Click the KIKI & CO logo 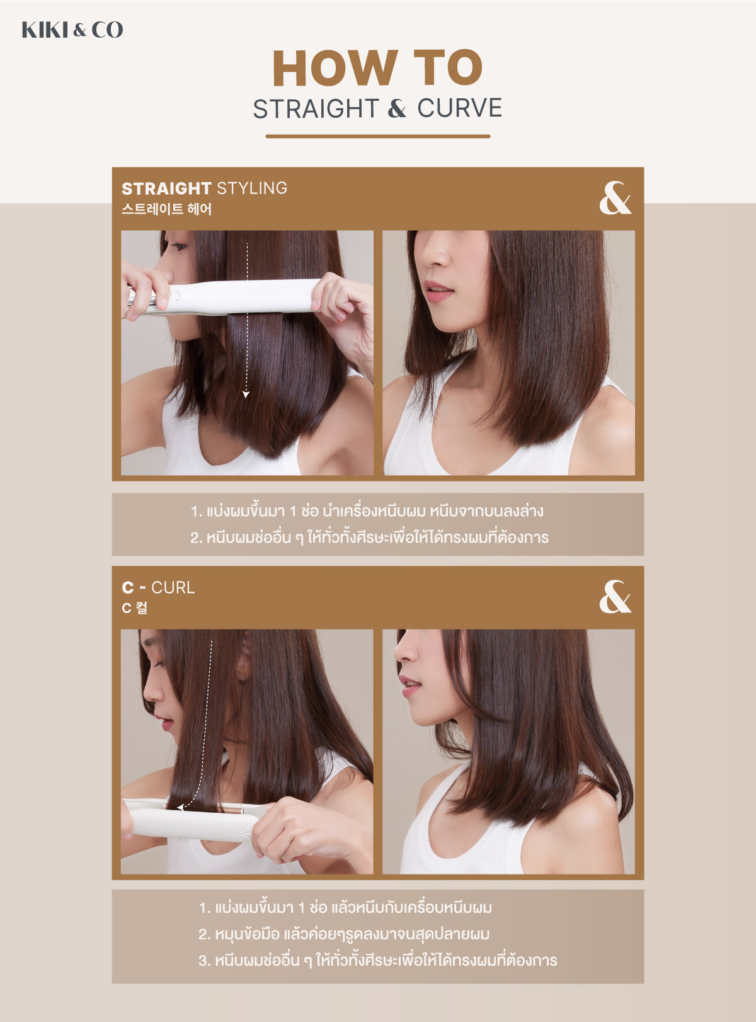72,30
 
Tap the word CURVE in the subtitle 459,108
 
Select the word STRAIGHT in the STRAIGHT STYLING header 166,188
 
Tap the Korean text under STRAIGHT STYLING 166,209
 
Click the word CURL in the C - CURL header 173,587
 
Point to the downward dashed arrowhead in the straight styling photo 246,394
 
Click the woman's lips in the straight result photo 437,290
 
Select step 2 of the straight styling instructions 369,537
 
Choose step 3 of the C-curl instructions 377,960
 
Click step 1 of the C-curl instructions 345,907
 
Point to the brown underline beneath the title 377,136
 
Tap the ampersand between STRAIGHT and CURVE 397,108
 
